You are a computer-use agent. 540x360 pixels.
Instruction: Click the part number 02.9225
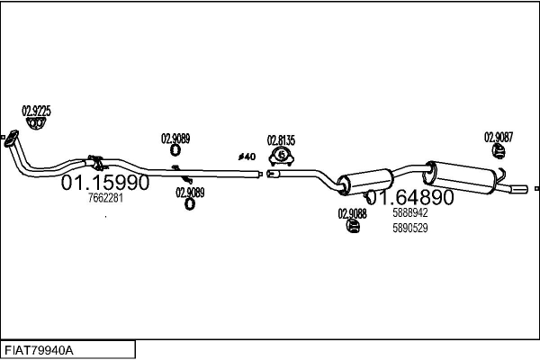coord(36,111)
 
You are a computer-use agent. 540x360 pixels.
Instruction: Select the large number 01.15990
coord(104,183)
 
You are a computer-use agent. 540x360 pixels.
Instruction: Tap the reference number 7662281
coord(105,199)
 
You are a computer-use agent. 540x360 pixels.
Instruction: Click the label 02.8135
coord(281,140)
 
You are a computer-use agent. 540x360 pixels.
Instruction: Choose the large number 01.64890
coord(409,197)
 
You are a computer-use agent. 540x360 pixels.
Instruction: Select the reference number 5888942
coord(409,214)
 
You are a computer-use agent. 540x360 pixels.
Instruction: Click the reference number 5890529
coord(409,228)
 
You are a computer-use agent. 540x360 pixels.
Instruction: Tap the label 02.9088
coord(352,213)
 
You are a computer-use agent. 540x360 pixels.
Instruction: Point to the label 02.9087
coord(499,137)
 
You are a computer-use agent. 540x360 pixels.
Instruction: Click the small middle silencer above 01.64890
coord(364,179)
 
